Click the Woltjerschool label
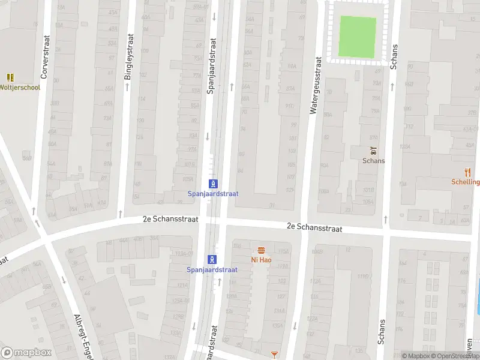click(20, 88)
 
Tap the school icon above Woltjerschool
click(10, 77)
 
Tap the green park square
click(358, 35)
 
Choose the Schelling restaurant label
click(466, 182)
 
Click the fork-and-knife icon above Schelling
click(468, 172)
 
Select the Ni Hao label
click(262, 260)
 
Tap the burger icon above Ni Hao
click(261, 250)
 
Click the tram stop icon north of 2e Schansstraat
click(212, 184)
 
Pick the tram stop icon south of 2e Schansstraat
click(212, 259)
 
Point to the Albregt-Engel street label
click(85, 336)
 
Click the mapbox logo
click(26, 353)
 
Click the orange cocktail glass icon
click(275, 355)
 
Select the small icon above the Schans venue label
click(373, 150)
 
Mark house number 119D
click(363, 277)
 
